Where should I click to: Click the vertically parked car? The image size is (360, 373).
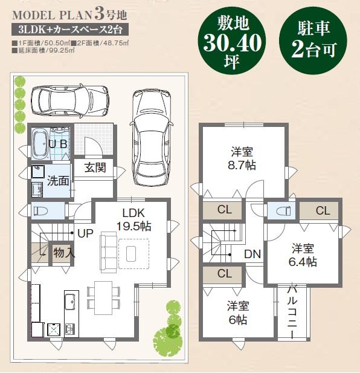pyautogui.click(x=149, y=137)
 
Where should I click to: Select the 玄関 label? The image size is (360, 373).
pyautogui.click(x=95, y=167)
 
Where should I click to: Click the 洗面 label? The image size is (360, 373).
pyautogui.click(x=58, y=180)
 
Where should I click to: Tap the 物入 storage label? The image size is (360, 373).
pyautogui.click(x=64, y=252)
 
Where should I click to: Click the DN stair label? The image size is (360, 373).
pyautogui.click(x=252, y=255)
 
